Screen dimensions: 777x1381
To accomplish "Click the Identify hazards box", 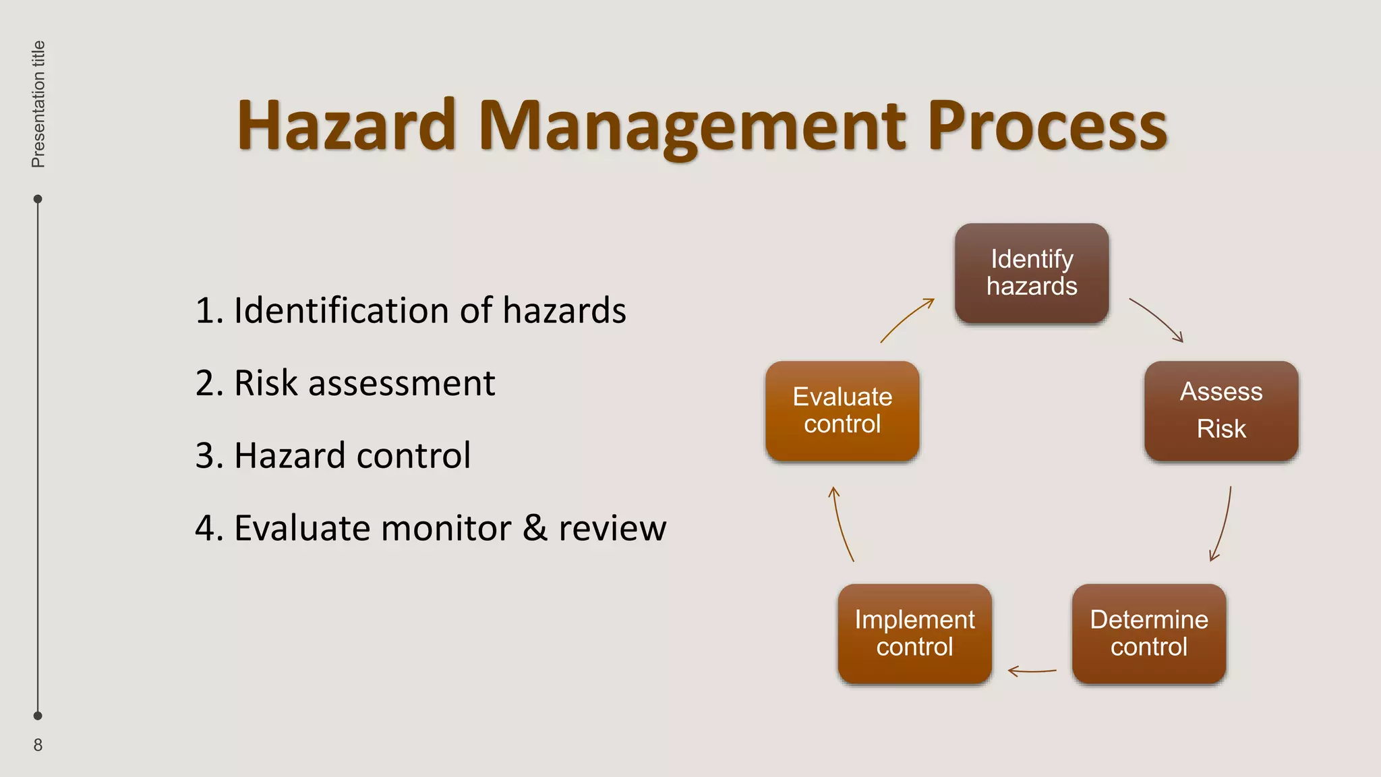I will (1032, 272).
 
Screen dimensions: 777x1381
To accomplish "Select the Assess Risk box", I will (1221, 411).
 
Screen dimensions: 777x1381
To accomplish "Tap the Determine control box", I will (1149, 633).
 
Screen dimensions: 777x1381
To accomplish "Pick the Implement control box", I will (914, 633).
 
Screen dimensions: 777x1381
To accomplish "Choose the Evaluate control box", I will (842, 411).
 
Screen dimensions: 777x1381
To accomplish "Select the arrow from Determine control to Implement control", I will (1032, 671).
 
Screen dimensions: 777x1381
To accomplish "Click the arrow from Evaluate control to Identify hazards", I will (907, 318).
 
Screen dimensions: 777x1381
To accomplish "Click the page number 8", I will (38, 745).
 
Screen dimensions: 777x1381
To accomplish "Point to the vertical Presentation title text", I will (38, 104).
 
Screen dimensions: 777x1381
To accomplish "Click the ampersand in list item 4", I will (535, 527).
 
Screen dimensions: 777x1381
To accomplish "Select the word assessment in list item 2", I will (401, 383).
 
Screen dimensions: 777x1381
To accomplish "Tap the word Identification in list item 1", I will (341, 310).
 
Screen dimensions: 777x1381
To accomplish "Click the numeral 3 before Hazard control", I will (205, 455).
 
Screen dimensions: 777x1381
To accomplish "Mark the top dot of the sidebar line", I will (38, 199).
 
